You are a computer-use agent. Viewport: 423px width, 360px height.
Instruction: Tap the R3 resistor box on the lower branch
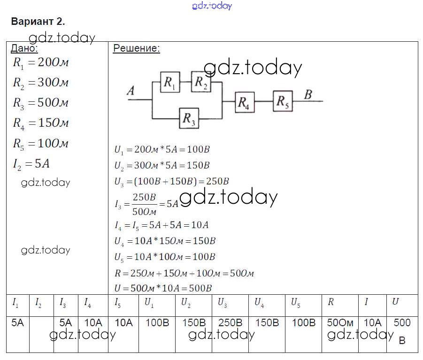point(189,118)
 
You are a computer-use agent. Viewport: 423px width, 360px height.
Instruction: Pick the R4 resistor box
point(245,102)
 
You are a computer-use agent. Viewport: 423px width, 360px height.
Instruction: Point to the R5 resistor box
point(283,101)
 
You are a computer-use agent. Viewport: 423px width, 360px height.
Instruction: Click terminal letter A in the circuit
point(131,91)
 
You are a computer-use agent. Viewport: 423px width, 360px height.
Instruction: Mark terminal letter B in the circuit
point(308,94)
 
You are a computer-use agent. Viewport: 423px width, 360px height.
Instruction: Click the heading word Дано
point(24,48)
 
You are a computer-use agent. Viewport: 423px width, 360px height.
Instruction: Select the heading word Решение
point(136,48)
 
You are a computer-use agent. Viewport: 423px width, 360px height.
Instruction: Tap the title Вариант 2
point(37,22)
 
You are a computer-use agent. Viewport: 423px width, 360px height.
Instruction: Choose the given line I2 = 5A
point(31,164)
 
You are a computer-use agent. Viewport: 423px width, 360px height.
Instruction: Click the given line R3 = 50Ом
point(41,103)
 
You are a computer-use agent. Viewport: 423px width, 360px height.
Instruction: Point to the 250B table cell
point(230,323)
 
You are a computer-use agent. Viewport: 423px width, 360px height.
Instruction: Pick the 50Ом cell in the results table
point(340,323)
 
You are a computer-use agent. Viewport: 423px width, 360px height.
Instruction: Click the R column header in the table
point(331,302)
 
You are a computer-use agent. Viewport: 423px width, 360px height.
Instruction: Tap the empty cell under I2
point(42,329)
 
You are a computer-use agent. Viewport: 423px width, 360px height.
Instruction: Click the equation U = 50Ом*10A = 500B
point(163,288)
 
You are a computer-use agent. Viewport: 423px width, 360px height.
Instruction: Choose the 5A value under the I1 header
point(17,323)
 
